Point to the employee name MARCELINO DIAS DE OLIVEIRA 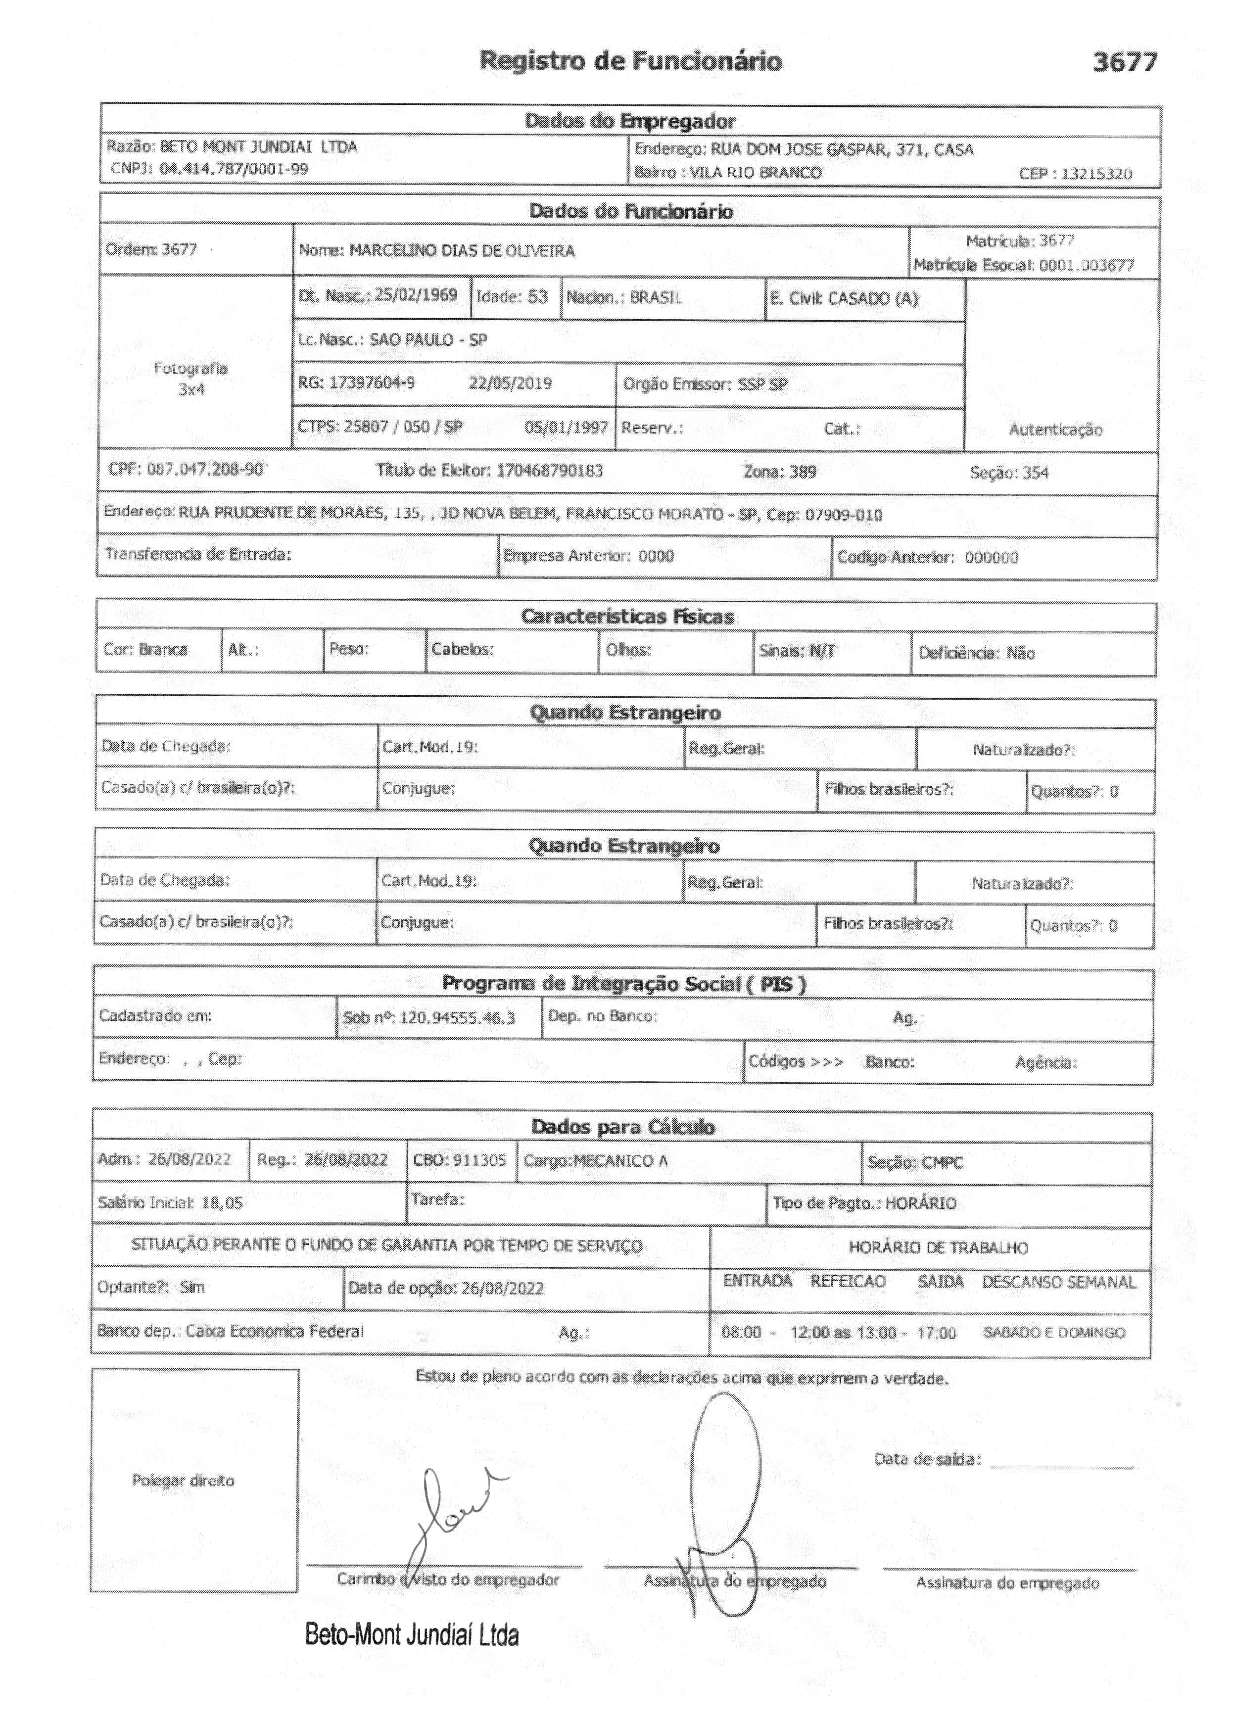(462, 251)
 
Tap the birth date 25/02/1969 (416, 295)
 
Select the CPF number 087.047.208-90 (205, 469)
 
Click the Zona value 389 (802, 472)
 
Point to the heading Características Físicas (626, 617)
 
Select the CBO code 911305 (479, 1161)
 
